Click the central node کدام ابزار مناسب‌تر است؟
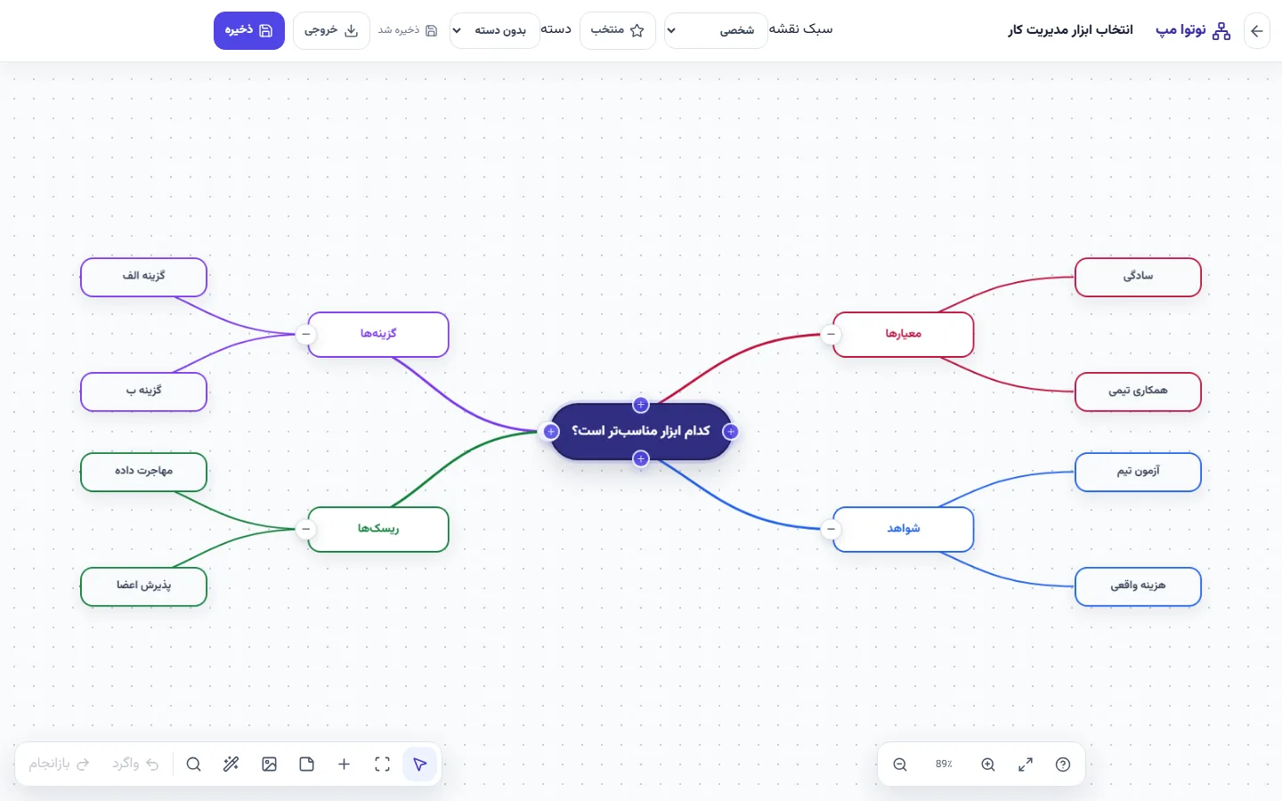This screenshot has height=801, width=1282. (x=640, y=432)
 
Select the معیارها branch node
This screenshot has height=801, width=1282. (x=903, y=334)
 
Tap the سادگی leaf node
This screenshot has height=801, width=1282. (x=1138, y=277)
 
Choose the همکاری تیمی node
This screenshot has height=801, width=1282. (x=1138, y=392)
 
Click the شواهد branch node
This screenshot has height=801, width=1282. (x=903, y=529)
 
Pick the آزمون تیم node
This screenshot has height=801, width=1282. (x=1138, y=472)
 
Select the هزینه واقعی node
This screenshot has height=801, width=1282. (x=1138, y=586)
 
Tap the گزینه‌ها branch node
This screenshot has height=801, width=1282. (x=377, y=334)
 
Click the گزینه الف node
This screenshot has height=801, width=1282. (x=143, y=277)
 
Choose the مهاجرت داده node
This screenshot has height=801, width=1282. (x=143, y=472)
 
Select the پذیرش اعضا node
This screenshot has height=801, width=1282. (x=143, y=586)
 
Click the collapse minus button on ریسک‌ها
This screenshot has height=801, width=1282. (x=305, y=529)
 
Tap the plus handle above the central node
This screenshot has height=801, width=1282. (x=640, y=404)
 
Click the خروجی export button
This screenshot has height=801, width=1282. (x=331, y=30)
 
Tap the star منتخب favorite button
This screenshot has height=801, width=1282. (x=617, y=30)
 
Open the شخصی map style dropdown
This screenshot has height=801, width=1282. (x=716, y=30)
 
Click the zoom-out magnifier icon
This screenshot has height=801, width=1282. (x=900, y=765)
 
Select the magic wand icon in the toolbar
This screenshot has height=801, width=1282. (x=231, y=765)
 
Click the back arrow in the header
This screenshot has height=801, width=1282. (x=1256, y=30)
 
